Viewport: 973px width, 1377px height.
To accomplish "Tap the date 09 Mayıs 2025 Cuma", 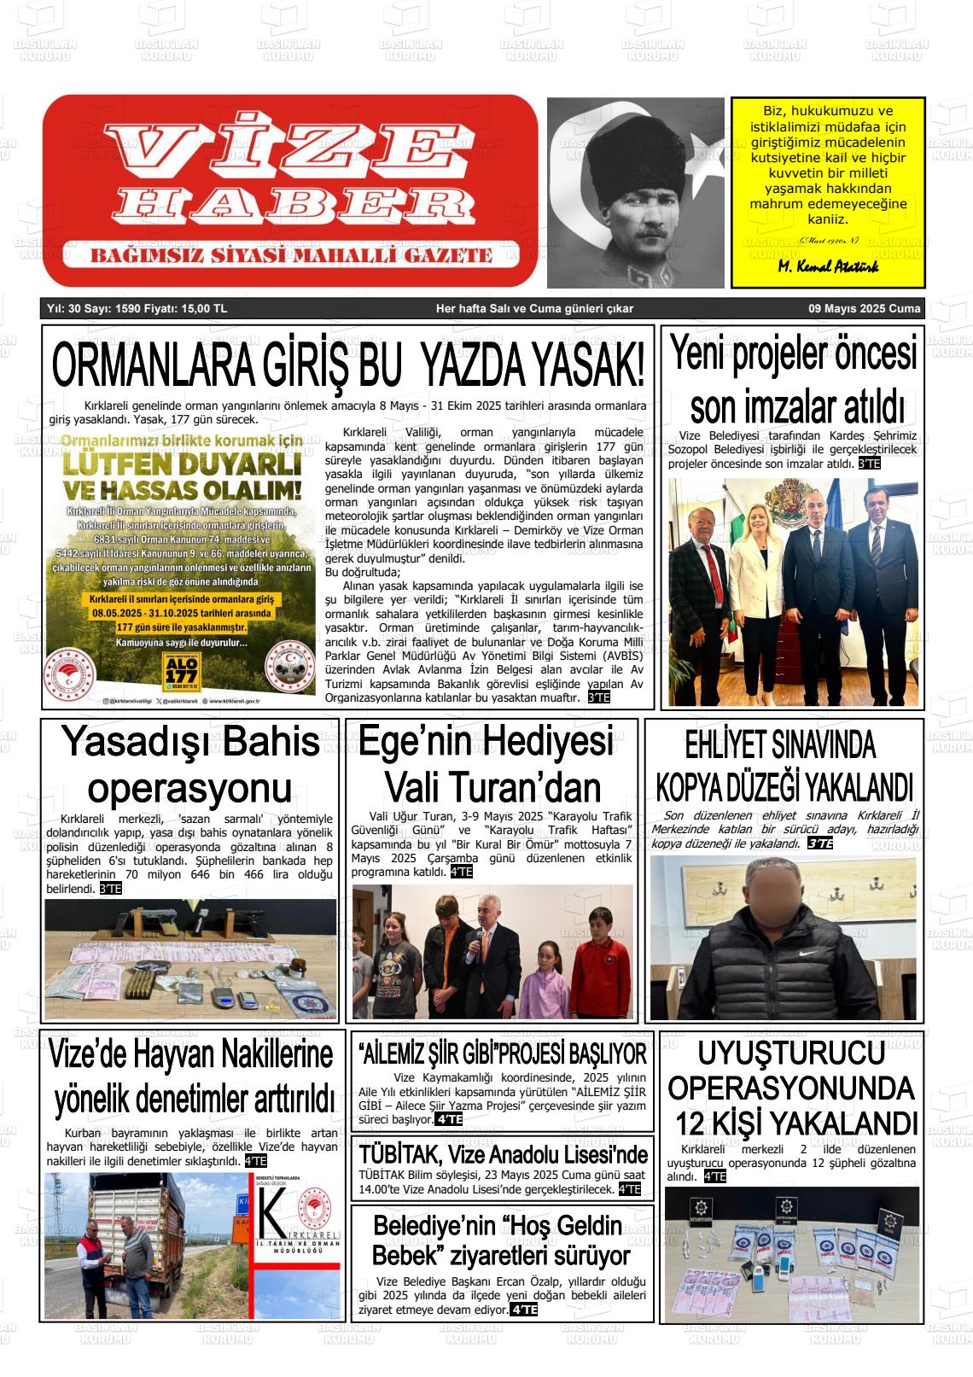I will (865, 309).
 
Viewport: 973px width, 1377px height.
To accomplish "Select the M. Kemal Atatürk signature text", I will (828, 266).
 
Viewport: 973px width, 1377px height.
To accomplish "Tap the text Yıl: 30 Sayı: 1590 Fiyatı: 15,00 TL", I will (137, 309).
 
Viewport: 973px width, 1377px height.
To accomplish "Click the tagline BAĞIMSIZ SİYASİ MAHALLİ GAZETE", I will (291, 255).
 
